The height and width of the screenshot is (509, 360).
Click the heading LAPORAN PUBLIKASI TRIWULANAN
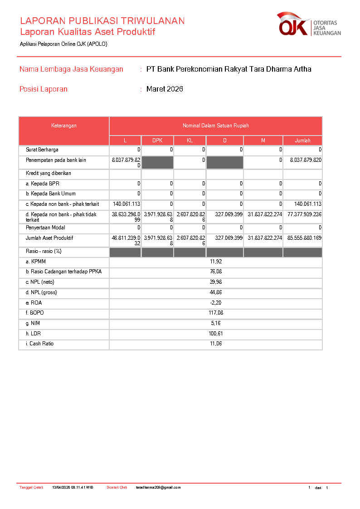tap(102, 21)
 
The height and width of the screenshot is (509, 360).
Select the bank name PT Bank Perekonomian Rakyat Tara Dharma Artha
tap(229, 69)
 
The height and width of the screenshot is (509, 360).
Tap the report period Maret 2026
tap(165, 89)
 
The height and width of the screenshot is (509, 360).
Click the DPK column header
tap(157, 141)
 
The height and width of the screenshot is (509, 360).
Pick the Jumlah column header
tap(302, 141)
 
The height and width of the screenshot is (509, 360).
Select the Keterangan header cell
tap(63, 126)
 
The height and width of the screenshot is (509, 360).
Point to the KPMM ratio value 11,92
tap(216, 262)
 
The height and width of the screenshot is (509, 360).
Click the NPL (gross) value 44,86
tap(216, 292)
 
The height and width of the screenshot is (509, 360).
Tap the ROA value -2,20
tap(216, 303)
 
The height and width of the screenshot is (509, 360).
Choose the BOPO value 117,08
tap(216, 313)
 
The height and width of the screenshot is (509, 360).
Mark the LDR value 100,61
tap(216, 334)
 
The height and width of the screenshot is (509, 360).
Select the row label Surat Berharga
tap(42, 150)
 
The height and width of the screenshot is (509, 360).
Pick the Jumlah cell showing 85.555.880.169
tap(304, 238)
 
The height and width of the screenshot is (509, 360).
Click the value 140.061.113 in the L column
tap(126, 204)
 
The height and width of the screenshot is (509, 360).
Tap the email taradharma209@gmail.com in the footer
tap(158, 488)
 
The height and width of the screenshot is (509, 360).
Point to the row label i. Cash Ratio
tap(39, 344)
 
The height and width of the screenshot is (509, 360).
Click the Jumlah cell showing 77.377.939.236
tap(304, 214)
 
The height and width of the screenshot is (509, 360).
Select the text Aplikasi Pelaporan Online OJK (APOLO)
tap(63, 44)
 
